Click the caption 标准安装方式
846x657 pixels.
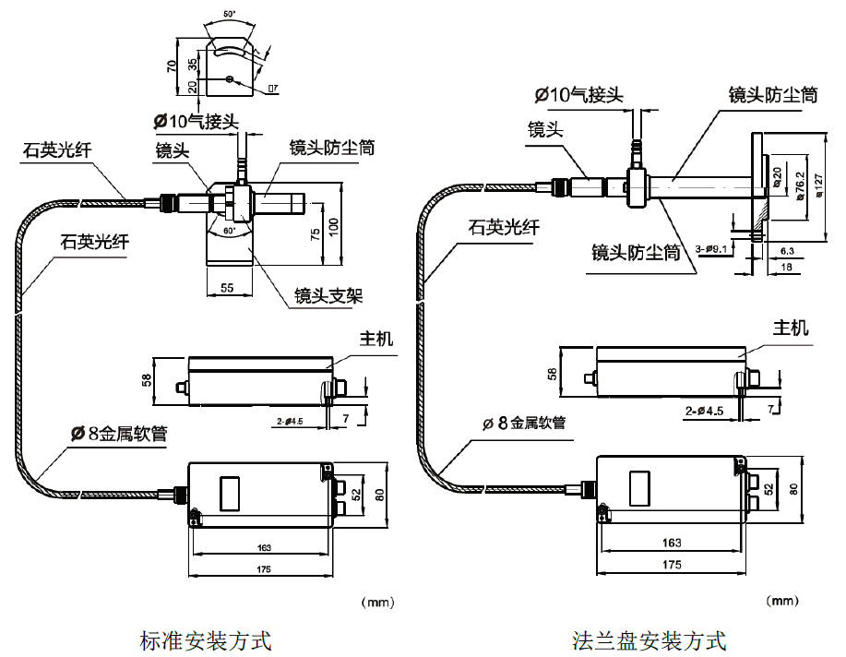(x=205, y=639)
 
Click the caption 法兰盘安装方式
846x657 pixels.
(x=649, y=639)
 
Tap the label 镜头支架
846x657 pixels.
(x=328, y=295)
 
